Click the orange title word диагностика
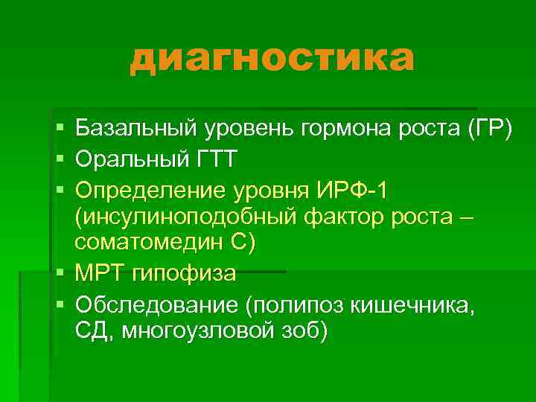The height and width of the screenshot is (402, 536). pos(271,60)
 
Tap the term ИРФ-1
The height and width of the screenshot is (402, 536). pos(350,191)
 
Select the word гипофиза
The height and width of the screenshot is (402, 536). pos(183,274)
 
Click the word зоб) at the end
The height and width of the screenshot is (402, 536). pos(303,331)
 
